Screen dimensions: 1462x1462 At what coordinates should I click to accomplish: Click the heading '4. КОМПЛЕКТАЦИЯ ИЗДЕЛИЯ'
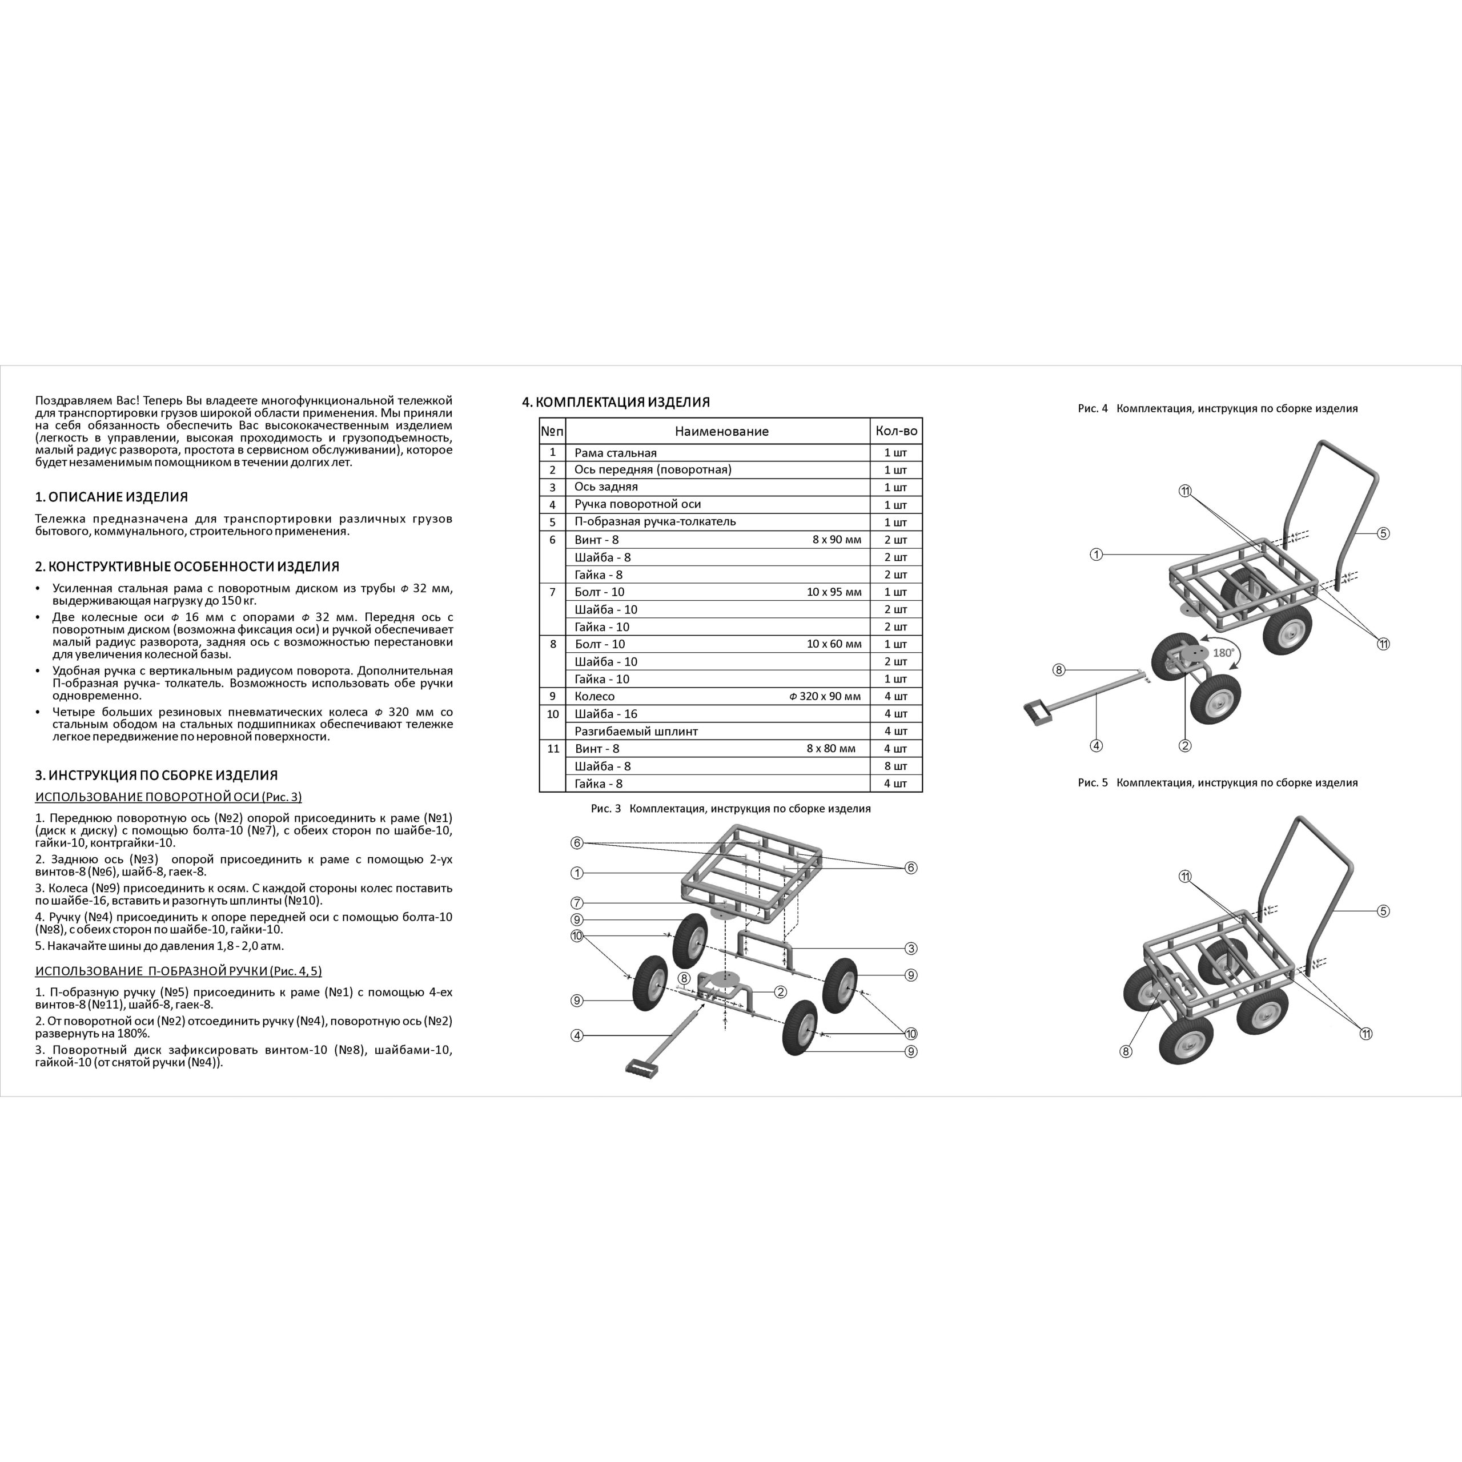click(x=616, y=402)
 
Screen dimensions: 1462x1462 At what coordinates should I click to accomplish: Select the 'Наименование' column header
click(x=721, y=431)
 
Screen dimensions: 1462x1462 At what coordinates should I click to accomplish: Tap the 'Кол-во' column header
click(x=896, y=431)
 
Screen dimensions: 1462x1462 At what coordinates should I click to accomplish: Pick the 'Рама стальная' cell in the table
click(x=615, y=452)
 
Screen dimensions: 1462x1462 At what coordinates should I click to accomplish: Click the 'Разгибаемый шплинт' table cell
click(x=636, y=731)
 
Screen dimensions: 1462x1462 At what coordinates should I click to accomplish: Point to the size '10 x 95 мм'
click(x=834, y=592)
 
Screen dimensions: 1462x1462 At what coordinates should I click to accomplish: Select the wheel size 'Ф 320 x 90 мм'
click(x=825, y=696)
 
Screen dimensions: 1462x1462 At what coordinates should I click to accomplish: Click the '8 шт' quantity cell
click(x=896, y=766)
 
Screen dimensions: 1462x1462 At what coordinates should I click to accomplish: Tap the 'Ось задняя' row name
click(x=605, y=487)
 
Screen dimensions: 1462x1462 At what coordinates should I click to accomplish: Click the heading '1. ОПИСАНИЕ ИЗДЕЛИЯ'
click(x=111, y=497)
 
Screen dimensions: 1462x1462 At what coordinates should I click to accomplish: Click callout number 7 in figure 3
click(x=577, y=903)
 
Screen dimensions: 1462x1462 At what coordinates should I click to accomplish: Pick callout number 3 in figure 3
click(x=911, y=948)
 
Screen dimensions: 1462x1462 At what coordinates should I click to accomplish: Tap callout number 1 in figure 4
click(x=1096, y=555)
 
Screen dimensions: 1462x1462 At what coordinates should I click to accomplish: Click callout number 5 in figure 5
click(x=1383, y=911)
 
